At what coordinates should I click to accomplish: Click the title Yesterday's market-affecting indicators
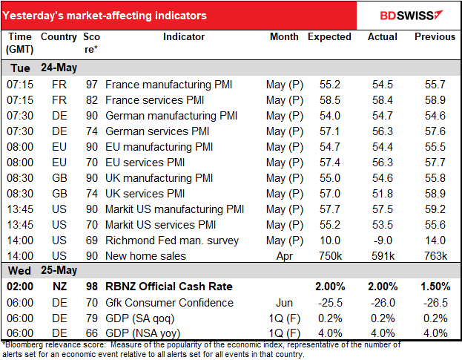click(105, 16)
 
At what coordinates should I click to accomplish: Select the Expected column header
click(329, 36)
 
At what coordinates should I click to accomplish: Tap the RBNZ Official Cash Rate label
click(169, 287)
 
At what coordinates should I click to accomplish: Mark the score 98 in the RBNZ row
click(91, 287)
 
